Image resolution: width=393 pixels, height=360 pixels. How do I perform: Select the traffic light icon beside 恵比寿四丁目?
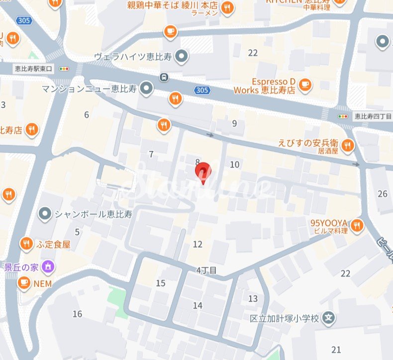click(343, 116)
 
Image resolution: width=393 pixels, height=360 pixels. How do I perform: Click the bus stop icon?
click(163, 77)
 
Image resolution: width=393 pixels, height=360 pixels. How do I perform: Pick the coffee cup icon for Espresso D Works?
click(305, 85)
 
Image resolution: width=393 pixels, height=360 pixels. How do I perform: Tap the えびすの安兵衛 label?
click(308, 142)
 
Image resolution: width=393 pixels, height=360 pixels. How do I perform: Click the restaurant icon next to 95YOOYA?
click(356, 227)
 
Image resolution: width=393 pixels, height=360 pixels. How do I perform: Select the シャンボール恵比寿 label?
click(93, 214)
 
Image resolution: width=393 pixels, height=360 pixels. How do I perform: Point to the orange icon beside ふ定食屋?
click(26, 244)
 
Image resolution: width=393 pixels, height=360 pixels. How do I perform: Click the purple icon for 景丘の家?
click(49, 266)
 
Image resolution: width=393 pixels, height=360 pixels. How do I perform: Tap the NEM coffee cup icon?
click(23, 283)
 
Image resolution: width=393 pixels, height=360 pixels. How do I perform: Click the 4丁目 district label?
click(205, 270)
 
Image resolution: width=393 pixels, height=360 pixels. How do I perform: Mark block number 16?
click(77, 314)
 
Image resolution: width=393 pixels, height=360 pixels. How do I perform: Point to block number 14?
click(198, 305)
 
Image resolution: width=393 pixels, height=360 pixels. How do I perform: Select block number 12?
click(198, 244)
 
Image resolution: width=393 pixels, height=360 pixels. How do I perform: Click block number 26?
click(382, 194)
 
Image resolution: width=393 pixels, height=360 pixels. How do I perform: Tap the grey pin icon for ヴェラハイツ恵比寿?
click(182, 57)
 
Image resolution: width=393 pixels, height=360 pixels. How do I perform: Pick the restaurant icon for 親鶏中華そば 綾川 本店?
click(227, 8)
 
